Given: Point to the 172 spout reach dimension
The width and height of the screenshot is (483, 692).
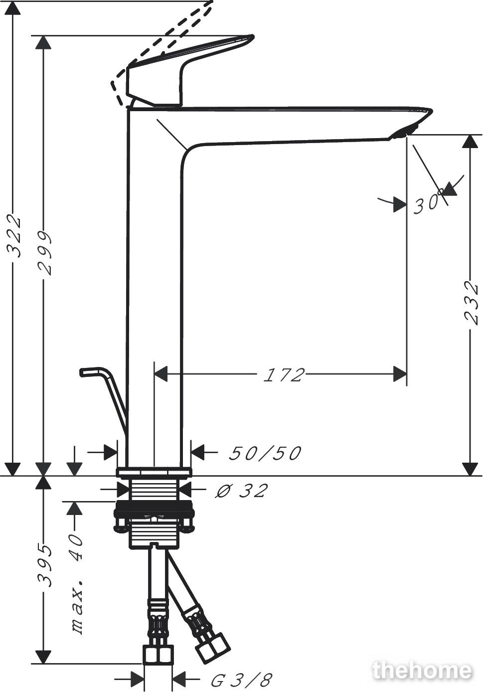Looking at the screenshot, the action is click(284, 375).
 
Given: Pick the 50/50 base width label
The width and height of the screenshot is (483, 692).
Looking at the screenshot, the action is click(265, 453).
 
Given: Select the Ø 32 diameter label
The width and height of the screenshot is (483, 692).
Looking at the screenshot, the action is click(241, 490).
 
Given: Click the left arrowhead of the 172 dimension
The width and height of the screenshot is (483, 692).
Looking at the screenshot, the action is click(161, 374).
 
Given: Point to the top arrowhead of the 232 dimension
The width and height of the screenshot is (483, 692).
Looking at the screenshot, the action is click(470, 142).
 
